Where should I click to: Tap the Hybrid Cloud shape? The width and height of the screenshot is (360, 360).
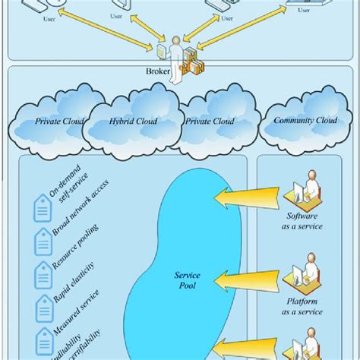point(130,121)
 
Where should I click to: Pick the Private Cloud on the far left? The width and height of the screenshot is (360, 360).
point(57,121)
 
